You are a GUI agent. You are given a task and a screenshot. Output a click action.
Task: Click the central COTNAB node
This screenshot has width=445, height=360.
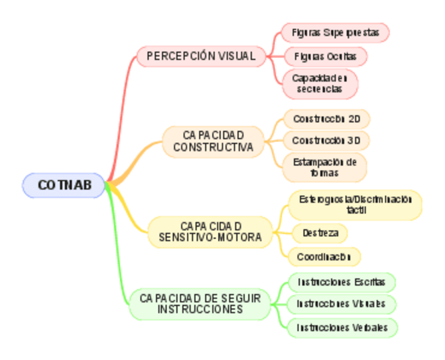tap(64, 185)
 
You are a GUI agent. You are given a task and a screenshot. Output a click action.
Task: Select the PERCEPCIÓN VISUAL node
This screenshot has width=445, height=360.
tap(202, 56)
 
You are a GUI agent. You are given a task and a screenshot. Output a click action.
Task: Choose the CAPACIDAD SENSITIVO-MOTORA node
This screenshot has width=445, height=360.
tap(210, 232)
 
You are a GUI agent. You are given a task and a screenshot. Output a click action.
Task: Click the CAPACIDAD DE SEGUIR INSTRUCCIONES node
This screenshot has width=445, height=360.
tap(200, 304)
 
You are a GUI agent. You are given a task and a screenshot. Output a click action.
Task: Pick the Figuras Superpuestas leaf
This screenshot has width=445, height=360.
tap(335, 33)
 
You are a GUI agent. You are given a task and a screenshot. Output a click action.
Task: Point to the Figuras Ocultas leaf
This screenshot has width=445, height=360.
tap(325, 56)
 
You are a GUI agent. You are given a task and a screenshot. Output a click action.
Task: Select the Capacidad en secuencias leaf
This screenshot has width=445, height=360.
tap(320, 83)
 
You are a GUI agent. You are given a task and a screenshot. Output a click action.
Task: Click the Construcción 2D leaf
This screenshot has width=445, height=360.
tap(326, 119)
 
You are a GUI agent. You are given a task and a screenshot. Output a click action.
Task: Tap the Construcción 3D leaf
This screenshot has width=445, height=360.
tap(326, 141)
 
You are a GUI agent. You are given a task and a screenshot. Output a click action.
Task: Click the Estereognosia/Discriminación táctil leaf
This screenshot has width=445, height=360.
tap(355, 205)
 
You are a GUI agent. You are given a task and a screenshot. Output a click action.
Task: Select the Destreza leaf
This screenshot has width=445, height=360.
tap(320, 233)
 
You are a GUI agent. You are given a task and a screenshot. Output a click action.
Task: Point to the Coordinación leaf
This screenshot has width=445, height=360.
tap(324, 257)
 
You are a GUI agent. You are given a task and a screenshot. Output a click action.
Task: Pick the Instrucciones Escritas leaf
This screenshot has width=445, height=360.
tap(341, 282)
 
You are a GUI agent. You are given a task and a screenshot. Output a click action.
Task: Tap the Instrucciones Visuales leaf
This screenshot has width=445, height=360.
tap(341, 304)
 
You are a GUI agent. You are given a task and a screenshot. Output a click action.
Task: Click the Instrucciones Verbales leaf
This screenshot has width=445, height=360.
tap(342, 327)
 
